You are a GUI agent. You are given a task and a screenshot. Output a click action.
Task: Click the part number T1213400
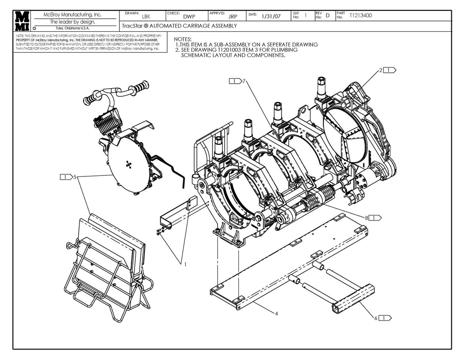pyautogui.click(x=361, y=15)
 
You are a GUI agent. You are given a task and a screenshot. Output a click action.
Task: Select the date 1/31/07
pyautogui.click(x=271, y=16)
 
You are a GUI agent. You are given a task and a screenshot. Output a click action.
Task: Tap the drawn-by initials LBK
pyautogui.click(x=146, y=16)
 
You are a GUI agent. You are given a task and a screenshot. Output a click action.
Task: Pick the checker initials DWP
pyautogui.click(x=189, y=16)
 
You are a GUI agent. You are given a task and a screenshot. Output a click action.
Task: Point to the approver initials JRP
pyautogui.click(x=232, y=16)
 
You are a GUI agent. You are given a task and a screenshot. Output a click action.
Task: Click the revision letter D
pyautogui.click(x=327, y=16)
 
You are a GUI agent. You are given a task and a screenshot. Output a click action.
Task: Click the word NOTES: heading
pyautogui.click(x=183, y=40)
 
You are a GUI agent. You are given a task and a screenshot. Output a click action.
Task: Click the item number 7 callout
pyautogui.click(x=244, y=81)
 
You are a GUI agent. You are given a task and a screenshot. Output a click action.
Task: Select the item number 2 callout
pyautogui.click(x=381, y=70)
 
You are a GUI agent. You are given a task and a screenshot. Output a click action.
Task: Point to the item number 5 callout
pyautogui.click(x=75, y=177)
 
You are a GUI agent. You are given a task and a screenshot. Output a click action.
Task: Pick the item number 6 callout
pyautogui.click(x=376, y=318)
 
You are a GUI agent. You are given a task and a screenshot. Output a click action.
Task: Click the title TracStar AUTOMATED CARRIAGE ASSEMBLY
pyautogui.click(x=179, y=26)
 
